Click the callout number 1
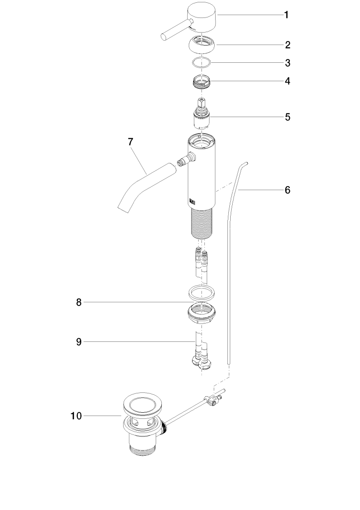coord(286,15)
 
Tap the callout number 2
coord(287,45)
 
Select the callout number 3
coord(287,63)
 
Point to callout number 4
coord(287,81)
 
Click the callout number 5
coord(287,117)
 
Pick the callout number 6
coord(287,190)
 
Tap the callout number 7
coord(131,142)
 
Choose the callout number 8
coord(79,303)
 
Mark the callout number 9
coord(79,342)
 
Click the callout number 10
coord(76,416)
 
